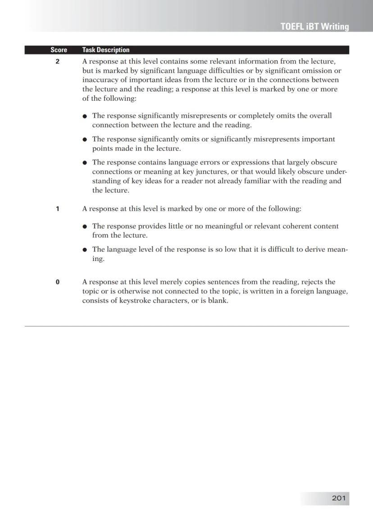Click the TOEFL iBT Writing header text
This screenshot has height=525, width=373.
pyautogui.click(x=314, y=27)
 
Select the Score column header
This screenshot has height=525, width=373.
pyautogui.click(x=59, y=50)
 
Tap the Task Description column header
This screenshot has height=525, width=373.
pyautogui.click(x=106, y=50)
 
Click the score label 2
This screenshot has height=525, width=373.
pyautogui.click(x=58, y=61)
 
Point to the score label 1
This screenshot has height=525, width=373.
pyautogui.click(x=58, y=209)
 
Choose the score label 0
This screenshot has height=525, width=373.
pyautogui.click(x=58, y=282)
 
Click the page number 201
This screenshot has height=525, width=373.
pyautogui.click(x=338, y=498)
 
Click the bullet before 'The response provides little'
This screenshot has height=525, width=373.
pyautogui.click(x=85, y=227)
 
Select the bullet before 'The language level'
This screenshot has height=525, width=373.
pyautogui.click(x=85, y=250)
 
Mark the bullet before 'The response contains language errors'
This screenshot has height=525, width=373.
pyautogui.click(x=85, y=163)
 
